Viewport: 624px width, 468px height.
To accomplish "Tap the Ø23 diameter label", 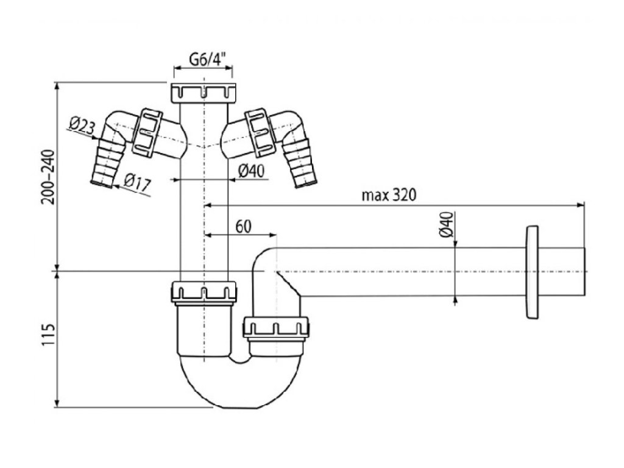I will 82,127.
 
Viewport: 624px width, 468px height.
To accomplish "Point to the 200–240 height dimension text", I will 49,177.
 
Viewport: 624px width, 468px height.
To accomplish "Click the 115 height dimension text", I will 49,339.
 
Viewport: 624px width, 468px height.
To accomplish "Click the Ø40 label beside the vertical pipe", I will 251,172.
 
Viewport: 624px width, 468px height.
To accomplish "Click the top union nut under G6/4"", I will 204,92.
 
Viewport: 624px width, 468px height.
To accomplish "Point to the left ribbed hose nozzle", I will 107,163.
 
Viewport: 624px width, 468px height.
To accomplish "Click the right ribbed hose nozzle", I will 302,163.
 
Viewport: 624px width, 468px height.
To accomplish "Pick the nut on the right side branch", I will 258,130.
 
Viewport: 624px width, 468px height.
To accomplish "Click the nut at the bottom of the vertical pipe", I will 204,292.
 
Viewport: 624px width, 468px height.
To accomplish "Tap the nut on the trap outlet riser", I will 277,328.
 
